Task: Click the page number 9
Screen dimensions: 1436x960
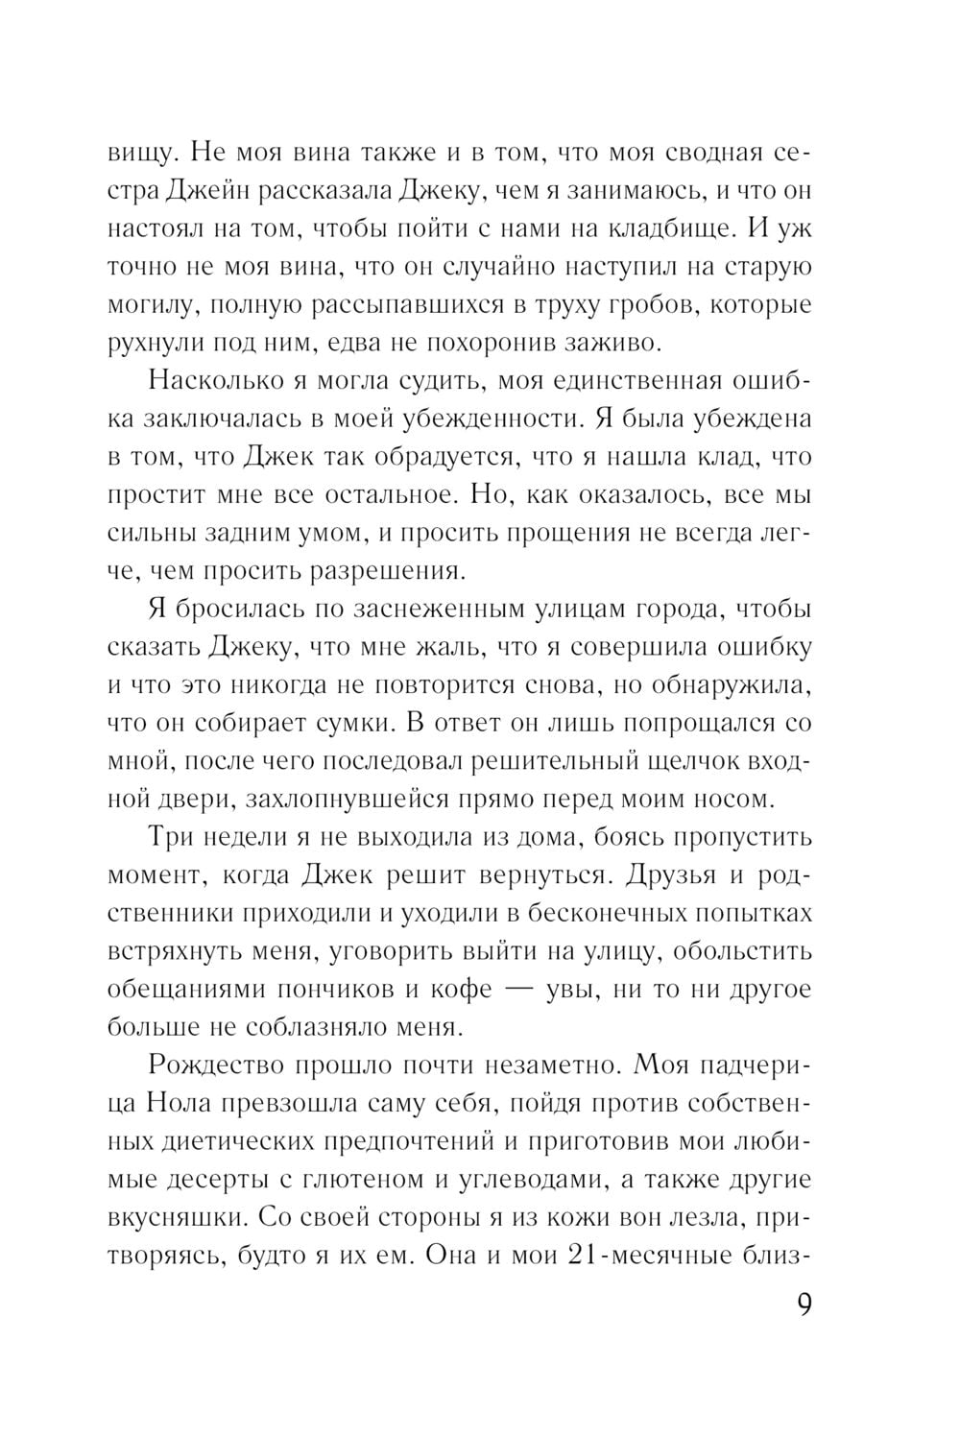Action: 805,1307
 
